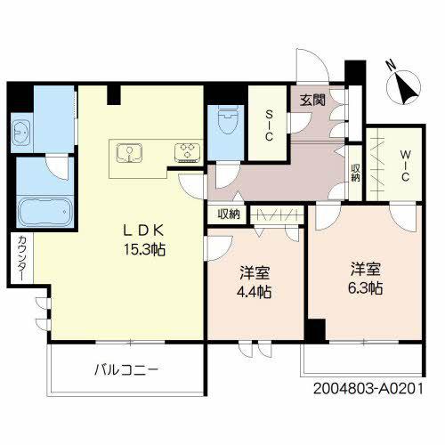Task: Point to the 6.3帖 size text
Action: point(367,288)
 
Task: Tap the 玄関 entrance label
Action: point(311,101)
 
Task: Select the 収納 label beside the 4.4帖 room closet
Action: point(229,214)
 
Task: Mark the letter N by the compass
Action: point(388,64)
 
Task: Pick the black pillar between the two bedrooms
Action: point(312,330)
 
